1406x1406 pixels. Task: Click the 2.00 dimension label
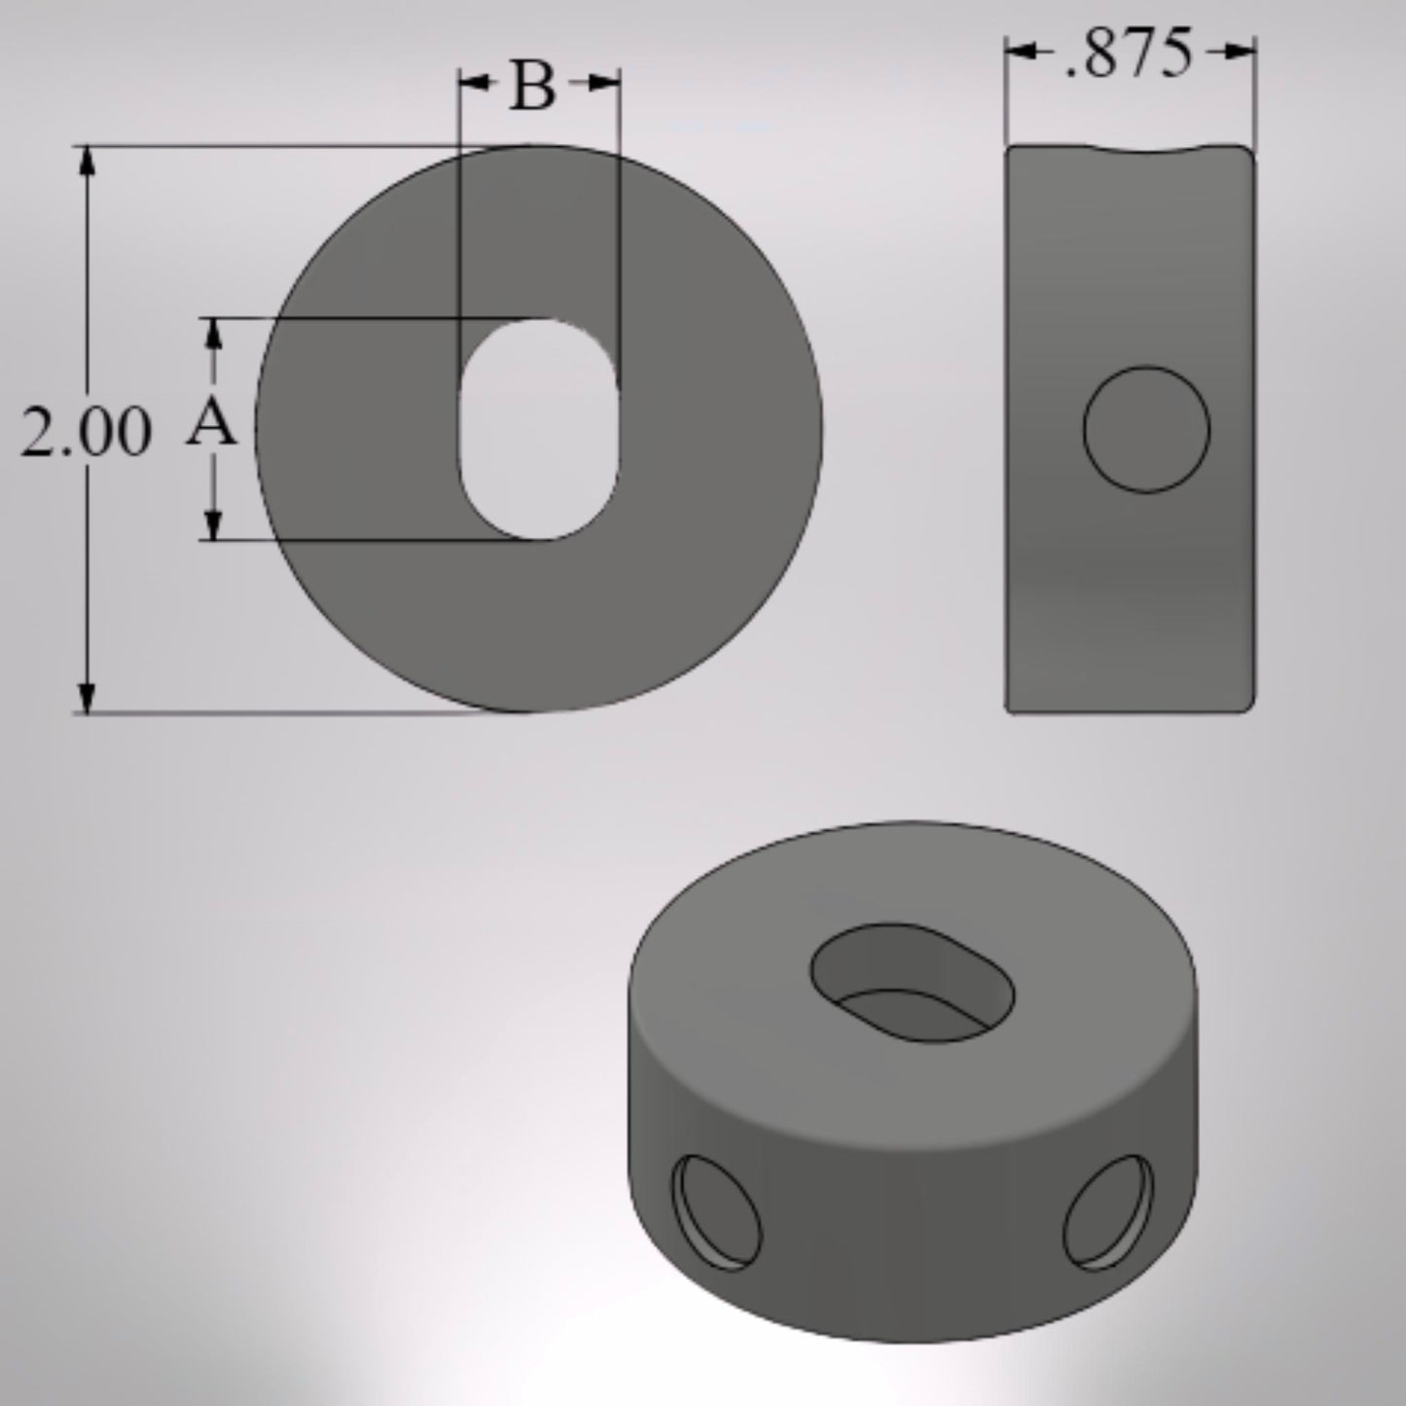coord(86,432)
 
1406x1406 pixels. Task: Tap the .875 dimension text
coord(1129,54)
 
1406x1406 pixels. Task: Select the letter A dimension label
coord(211,425)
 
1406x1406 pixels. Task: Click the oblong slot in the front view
coord(538,429)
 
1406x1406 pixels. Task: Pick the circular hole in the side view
coord(1146,429)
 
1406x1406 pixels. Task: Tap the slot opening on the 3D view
coord(912,983)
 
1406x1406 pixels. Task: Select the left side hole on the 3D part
coord(717,1211)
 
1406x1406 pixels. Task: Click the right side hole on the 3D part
coord(1108,1212)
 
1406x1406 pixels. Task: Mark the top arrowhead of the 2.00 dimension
coord(88,162)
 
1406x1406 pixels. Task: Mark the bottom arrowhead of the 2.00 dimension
coord(88,698)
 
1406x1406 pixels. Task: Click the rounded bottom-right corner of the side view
coord(1247,706)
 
